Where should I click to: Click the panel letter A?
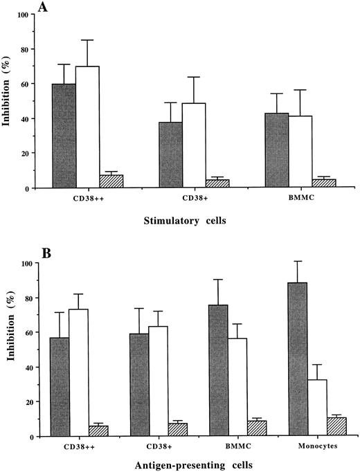coord(50,9)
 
